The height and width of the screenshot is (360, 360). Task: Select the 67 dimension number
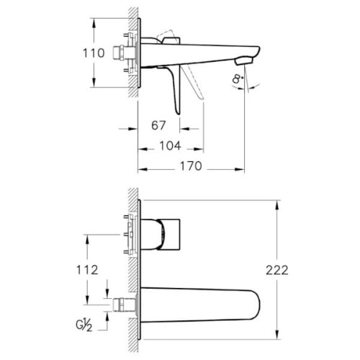coord(159,125)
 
